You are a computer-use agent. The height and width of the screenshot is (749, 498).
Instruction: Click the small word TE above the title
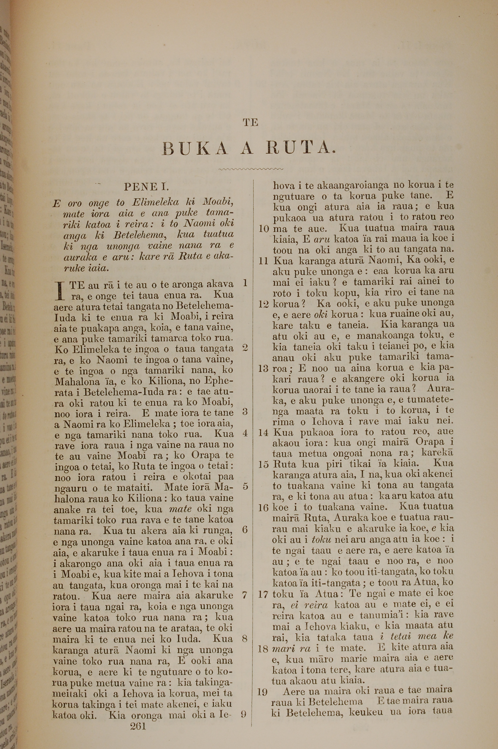250,123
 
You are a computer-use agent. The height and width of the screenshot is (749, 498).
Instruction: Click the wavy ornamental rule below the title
251,169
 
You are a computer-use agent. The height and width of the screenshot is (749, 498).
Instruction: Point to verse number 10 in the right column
264,229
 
